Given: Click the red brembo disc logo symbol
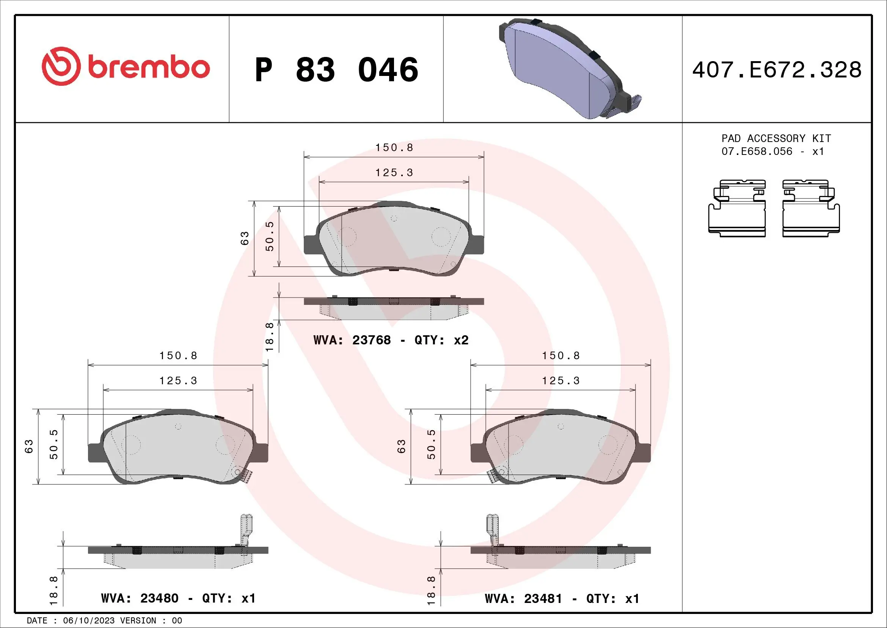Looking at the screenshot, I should [x=61, y=66].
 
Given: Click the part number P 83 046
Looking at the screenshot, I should [x=336, y=70].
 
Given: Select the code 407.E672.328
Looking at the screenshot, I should [x=777, y=70].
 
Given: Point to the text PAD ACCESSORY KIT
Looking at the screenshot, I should [x=776, y=139].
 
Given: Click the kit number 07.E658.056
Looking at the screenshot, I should [x=757, y=151].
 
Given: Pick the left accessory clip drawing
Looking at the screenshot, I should [x=737, y=208].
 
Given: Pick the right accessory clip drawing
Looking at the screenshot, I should [x=811, y=208].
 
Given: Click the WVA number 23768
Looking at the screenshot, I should [x=371, y=340].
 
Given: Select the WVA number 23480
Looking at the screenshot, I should [x=159, y=599].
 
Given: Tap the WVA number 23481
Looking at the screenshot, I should [x=543, y=599].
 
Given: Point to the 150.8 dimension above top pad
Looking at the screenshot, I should [x=394, y=148].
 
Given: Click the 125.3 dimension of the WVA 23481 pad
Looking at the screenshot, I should [x=560, y=381].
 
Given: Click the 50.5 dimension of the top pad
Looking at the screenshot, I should [x=270, y=236].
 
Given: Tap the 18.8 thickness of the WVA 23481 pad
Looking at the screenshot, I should [x=431, y=590].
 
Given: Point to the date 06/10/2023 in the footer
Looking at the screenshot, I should [x=88, y=621].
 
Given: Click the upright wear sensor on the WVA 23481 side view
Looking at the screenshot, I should [x=492, y=530].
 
